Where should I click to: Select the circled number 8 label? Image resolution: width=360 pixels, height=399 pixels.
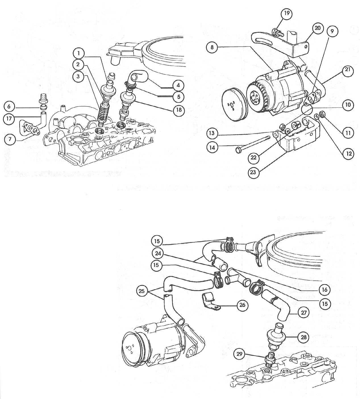pyautogui.click(x=212, y=47)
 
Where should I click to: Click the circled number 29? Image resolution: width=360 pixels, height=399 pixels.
pyautogui.click(x=240, y=354)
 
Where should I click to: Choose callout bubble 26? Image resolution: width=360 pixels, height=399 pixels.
pyautogui.click(x=242, y=305)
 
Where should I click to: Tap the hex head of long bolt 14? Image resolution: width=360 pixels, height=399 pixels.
pyautogui.click(x=238, y=149)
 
